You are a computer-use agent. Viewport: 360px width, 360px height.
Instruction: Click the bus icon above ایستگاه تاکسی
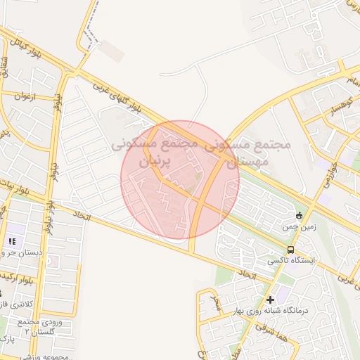pos(290,250)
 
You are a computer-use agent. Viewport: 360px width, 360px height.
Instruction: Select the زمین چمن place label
pos(301,227)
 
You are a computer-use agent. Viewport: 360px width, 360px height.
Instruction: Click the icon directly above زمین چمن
pos(300,215)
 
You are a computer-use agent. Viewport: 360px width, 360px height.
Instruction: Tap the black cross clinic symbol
pos(270,300)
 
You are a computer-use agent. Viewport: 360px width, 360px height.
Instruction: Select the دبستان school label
pos(21,252)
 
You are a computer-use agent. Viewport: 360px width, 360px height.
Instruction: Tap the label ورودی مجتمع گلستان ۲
pos(42,326)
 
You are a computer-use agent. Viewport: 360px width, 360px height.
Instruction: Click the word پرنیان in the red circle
pos(148,161)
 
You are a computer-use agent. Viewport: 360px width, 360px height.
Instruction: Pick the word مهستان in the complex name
pos(244,161)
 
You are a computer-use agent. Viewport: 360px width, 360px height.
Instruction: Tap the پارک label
pos(8,340)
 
